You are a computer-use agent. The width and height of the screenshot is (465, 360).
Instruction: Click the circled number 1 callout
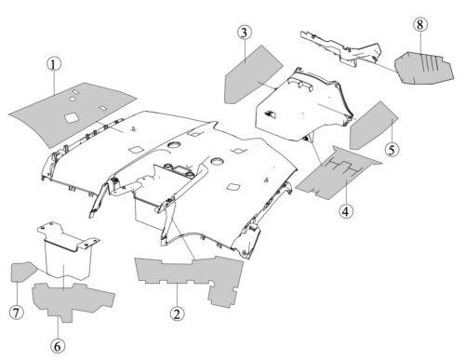coord(54,64)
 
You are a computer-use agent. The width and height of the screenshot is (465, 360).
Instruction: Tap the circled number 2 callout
coord(177,314)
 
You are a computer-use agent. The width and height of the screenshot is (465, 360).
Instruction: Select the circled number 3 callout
coord(245,33)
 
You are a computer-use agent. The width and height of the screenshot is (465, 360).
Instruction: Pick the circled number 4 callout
coord(346,211)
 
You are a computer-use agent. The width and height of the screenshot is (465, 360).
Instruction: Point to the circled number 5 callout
coord(392,150)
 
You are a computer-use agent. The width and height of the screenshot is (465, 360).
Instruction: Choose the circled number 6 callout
coord(58,346)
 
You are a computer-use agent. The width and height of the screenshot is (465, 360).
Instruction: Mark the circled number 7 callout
coord(16,313)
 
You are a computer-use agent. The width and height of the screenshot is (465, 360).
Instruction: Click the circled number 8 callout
coord(420,24)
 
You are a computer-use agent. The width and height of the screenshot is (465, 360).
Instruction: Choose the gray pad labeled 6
coord(72,300)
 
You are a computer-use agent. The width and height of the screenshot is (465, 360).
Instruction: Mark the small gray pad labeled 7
coord(21,272)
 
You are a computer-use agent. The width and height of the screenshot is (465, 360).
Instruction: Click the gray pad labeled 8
coord(423,68)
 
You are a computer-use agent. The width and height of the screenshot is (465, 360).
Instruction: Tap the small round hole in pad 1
coord(72,99)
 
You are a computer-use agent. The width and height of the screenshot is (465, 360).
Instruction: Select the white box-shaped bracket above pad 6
coord(68,251)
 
